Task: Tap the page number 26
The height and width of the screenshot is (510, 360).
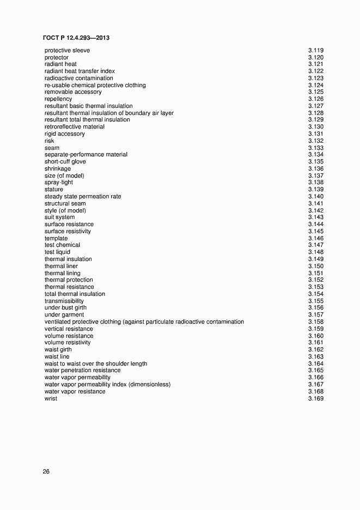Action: click(46, 472)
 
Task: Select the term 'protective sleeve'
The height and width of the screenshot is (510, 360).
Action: click(67, 51)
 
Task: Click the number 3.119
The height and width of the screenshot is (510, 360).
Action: click(316, 51)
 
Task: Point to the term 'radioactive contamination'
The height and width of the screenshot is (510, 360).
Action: click(79, 78)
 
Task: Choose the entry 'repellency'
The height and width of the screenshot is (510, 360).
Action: click(58, 99)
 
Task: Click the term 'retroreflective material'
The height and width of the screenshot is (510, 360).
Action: click(75, 127)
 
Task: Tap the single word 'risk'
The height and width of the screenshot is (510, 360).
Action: click(50, 141)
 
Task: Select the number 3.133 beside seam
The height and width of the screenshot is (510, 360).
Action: click(316, 148)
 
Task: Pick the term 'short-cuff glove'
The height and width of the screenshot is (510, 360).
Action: click(65, 162)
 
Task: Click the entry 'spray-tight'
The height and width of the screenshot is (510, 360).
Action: click(59, 183)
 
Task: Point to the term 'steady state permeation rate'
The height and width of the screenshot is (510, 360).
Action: click(83, 197)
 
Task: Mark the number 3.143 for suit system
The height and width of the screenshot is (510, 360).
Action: click(316, 217)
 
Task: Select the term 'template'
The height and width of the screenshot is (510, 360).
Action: click(56, 239)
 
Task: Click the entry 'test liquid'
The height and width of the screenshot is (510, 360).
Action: click(57, 252)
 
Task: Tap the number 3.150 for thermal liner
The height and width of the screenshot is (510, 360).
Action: click(316, 266)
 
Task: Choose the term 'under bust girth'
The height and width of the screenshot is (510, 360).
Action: click(65, 308)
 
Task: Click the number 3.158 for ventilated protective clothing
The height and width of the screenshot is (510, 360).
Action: click(316, 322)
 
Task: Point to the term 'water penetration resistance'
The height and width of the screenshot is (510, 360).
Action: click(83, 371)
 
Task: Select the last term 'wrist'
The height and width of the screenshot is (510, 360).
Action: click(51, 399)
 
